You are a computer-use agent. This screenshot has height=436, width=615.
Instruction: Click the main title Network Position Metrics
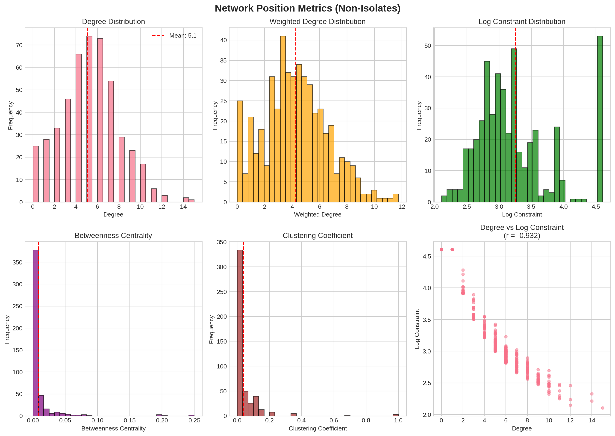point(307,8)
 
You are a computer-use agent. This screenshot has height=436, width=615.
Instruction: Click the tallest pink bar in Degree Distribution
point(89,118)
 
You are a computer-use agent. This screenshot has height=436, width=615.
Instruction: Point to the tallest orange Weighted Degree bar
point(283,118)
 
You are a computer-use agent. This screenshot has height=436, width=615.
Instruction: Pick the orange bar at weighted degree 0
point(240,151)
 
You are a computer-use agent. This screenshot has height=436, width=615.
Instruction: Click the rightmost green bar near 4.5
point(600,118)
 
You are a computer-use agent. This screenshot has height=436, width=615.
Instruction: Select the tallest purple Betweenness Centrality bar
point(36,333)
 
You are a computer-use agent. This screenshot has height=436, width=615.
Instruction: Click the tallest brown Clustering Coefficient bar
point(240,333)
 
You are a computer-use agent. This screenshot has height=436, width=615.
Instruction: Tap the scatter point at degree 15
point(603,408)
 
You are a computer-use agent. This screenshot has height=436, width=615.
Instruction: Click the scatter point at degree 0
point(442,250)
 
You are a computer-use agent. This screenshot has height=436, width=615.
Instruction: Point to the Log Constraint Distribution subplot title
point(522,22)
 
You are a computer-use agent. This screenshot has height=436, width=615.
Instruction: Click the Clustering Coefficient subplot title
point(318,235)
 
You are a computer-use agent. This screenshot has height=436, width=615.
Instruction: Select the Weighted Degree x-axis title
point(318,214)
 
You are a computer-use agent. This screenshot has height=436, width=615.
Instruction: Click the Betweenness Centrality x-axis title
point(113,428)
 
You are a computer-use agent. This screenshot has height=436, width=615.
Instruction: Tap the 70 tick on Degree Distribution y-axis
point(19,45)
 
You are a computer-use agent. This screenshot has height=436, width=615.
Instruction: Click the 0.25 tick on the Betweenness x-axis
point(194,420)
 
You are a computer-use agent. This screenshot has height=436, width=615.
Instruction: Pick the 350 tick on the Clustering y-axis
point(222,242)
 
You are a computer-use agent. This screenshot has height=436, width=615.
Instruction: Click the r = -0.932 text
point(522,236)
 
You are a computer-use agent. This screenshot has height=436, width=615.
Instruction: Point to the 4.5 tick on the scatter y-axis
point(427,256)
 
